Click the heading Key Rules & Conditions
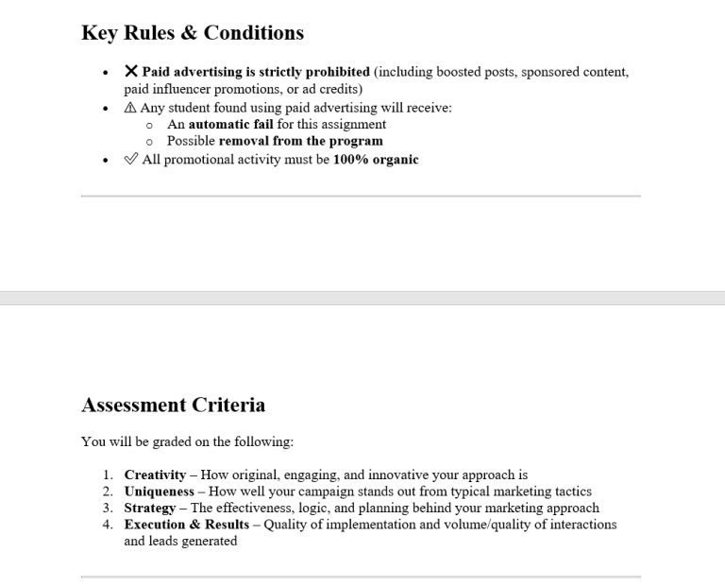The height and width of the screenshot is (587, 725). click(x=193, y=33)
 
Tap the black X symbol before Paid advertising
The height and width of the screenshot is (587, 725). click(x=131, y=72)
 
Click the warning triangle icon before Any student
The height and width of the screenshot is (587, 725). click(x=130, y=108)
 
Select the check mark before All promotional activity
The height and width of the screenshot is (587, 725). click(x=131, y=160)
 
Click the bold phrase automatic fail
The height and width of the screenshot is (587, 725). click(x=230, y=124)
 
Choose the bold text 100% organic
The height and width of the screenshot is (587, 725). click(x=375, y=160)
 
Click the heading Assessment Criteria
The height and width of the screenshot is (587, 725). click(x=174, y=406)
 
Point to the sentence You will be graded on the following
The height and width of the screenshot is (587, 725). click(x=187, y=441)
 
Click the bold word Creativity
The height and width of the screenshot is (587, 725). click(x=155, y=475)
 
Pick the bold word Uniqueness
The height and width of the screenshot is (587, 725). click(x=159, y=492)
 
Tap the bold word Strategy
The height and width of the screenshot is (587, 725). click(x=150, y=508)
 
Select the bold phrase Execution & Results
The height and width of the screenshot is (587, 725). click(x=187, y=525)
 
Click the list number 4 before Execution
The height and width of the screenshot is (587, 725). click(x=108, y=525)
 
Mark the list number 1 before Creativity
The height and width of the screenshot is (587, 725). click(x=108, y=475)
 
